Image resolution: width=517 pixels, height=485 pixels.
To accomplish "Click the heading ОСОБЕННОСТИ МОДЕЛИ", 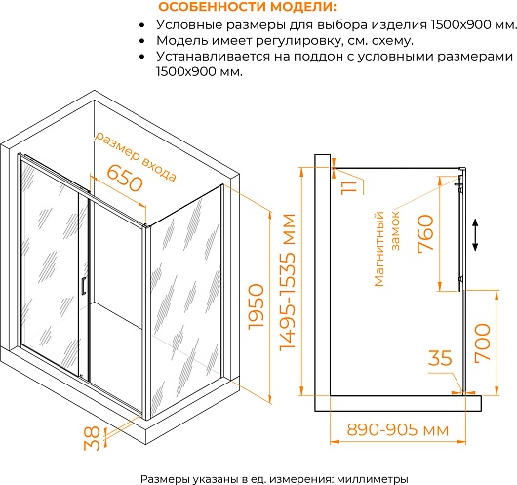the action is tap(248, 7).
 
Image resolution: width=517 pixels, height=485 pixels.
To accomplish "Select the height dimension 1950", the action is tap(257, 306).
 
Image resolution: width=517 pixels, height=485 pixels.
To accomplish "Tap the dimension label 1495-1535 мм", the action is tap(287, 282).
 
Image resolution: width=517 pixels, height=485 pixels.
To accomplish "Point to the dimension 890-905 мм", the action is tap(398, 430).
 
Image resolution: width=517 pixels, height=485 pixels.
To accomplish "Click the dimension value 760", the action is tap(425, 233).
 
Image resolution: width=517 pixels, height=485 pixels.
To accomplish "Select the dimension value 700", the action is tap(483, 344).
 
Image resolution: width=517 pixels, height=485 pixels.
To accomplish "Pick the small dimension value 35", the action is tap(440, 357).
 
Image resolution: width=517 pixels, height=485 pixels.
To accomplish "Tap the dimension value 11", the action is tap(349, 187).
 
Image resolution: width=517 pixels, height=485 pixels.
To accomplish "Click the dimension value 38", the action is tap(92, 438).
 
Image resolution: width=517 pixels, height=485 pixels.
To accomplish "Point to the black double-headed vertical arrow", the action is tap(475, 234).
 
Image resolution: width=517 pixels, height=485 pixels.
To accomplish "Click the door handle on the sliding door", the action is tap(84, 285).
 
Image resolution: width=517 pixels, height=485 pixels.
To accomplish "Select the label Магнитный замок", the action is tap(387, 248).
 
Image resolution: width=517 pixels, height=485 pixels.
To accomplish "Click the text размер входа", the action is tap(136, 156).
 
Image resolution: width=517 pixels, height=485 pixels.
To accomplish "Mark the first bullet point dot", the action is tap(142, 25).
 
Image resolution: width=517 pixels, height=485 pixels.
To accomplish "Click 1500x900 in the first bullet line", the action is tap(461, 25).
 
